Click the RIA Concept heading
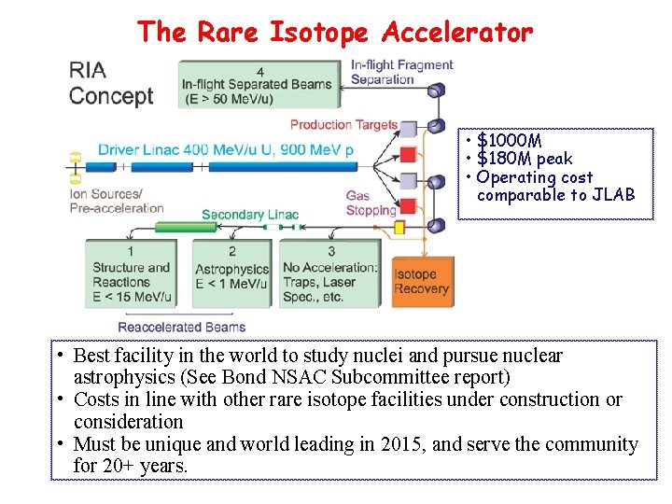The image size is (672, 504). [110, 84]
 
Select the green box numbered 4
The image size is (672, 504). [259, 84]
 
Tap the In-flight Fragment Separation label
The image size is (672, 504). [401, 72]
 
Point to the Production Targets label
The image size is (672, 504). [343, 124]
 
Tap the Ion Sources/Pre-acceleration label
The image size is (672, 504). [117, 201]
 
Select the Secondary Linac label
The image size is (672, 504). [250, 215]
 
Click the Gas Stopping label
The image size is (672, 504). [371, 203]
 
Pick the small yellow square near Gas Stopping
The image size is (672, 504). [399, 227]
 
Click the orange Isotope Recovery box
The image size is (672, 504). [422, 281]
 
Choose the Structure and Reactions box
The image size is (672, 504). [131, 274]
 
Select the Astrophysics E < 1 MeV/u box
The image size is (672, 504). [231, 274]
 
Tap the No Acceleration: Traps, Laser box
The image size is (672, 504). [330, 274]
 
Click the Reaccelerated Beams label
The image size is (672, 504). [182, 327]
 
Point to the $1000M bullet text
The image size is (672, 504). [509, 141]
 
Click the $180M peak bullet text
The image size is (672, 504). [524, 159]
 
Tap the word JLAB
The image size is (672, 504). [613, 195]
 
